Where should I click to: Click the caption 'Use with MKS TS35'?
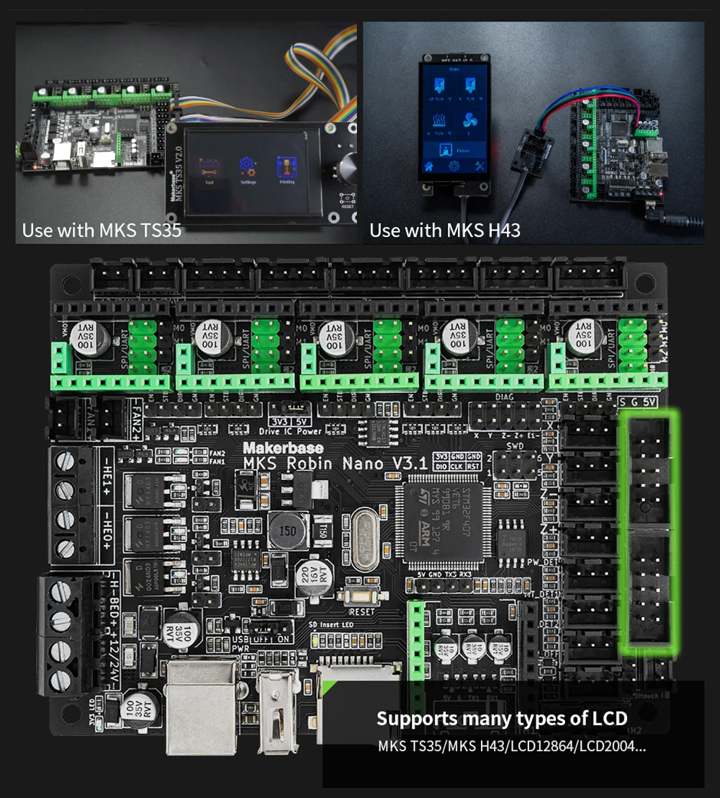point(102,231)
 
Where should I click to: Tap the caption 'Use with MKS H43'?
point(445,231)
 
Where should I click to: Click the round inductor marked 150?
point(288,530)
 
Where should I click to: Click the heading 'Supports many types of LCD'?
point(501,718)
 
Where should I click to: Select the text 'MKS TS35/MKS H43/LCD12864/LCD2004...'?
point(512,745)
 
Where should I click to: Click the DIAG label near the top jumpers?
point(506,396)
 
